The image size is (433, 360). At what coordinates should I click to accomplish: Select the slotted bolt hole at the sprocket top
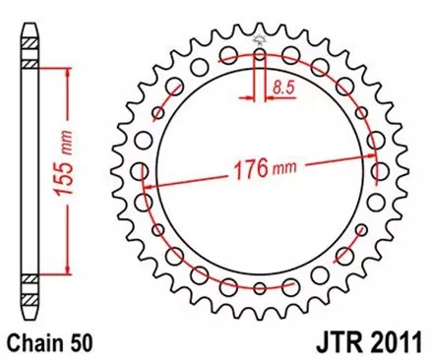(x=260, y=63)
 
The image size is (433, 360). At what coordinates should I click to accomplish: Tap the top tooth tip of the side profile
(x=30, y=23)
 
